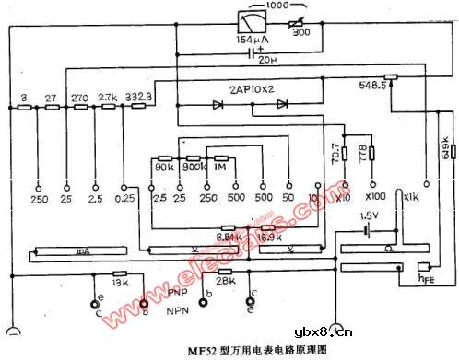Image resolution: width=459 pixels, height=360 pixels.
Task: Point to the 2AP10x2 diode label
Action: [255, 89]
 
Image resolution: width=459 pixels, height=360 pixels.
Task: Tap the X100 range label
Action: [376, 197]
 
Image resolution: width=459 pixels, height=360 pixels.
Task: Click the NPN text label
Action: [180, 311]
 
